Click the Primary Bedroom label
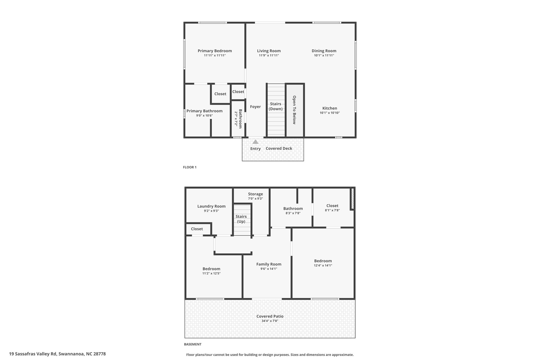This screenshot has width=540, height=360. (x=215, y=51)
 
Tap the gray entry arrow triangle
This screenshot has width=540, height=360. (x=255, y=142)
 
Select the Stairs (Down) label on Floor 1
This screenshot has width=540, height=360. (x=276, y=106)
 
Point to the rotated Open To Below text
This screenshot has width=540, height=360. (x=294, y=110)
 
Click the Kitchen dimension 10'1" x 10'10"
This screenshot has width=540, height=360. (x=330, y=113)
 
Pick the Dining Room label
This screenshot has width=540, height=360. (x=324, y=51)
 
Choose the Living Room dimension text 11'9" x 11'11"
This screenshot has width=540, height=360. (x=269, y=55)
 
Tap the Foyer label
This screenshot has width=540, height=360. (x=255, y=107)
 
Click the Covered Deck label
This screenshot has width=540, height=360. (x=279, y=148)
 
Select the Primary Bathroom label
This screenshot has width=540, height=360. (x=204, y=111)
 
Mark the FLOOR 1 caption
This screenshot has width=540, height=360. (x=190, y=167)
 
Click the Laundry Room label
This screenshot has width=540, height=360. (x=211, y=207)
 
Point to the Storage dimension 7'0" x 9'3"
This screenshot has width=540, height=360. (x=255, y=199)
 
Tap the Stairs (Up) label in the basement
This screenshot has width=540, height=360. (x=241, y=219)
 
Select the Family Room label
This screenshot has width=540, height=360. (x=269, y=264)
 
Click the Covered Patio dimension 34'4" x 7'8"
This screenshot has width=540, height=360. (x=270, y=321)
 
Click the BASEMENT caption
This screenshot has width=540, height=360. (x=192, y=344)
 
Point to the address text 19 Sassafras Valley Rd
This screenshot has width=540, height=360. (x=33, y=354)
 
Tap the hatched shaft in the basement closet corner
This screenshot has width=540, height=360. (x=353, y=199)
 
